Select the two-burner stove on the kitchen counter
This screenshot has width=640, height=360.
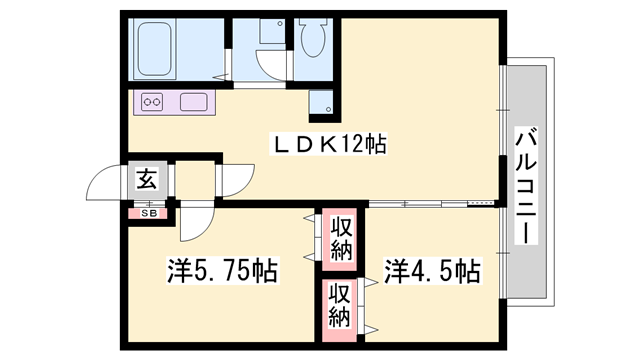pos(153,101)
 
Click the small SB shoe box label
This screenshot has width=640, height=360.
pos(147,212)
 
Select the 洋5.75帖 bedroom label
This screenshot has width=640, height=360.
pos(221,270)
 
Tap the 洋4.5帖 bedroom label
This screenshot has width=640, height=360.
pos(432,270)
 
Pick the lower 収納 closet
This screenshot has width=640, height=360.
pos(340,306)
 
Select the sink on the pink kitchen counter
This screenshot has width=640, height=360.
pos(194,101)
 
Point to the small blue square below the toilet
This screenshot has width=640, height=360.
pos(319,100)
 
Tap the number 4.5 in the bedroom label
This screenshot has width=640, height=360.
pos(437,270)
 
